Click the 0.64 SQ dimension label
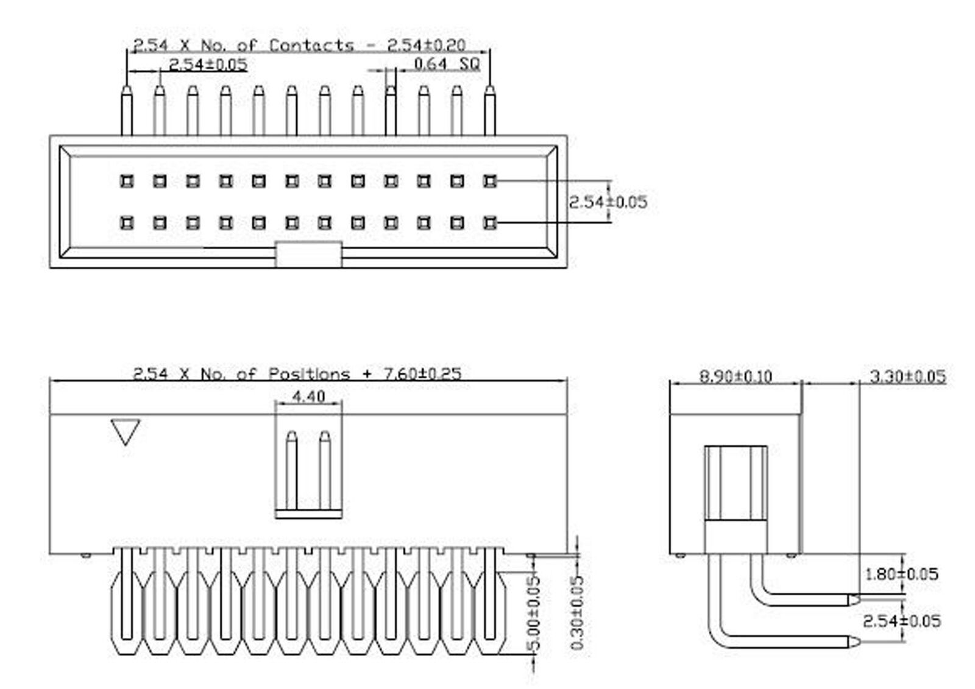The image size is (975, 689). click(x=447, y=63)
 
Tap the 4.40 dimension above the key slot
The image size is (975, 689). click(x=308, y=397)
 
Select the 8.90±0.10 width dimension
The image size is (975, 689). click(x=735, y=376)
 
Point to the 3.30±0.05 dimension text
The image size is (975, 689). click(x=907, y=376)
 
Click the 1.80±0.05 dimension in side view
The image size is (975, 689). click(x=901, y=573)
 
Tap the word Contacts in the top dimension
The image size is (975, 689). click(x=311, y=45)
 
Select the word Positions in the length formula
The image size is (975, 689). click(x=310, y=373)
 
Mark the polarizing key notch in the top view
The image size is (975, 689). click(x=308, y=254)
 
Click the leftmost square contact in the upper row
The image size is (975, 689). click(x=127, y=181)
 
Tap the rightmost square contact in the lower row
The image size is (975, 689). click(x=489, y=222)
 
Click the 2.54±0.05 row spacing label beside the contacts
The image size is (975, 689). click(x=608, y=202)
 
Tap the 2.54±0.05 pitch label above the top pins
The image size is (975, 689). click(x=208, y=64)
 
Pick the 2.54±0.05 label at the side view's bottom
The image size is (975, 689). click(x=901, y=621)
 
